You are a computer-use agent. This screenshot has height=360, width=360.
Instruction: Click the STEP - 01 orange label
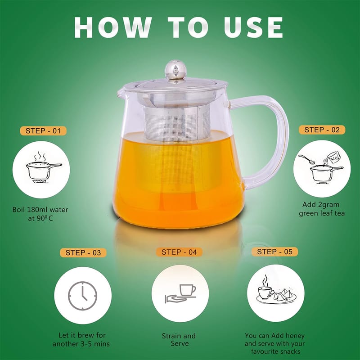[x=43, y=131]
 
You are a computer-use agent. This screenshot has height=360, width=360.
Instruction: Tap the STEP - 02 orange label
[x=322, y=130]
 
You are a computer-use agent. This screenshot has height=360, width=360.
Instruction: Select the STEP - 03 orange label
[x=83, y=252]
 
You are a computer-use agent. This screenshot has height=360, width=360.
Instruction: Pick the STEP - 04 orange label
[x=179, y=252]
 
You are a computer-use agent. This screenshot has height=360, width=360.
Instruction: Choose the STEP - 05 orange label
[x=274, y=252]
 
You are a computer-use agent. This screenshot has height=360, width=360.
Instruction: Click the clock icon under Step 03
[x=83, y=296]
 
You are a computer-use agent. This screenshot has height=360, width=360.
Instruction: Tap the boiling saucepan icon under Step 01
[x=44, y=167]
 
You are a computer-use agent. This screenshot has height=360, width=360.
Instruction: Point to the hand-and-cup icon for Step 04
[x=180, y=294]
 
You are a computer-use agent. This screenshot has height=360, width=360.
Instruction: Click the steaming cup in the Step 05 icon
[x=265, y=290]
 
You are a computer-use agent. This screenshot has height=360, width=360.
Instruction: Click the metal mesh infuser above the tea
[x=177, y=124]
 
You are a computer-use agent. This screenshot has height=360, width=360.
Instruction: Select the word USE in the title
[x=253, y=27]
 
